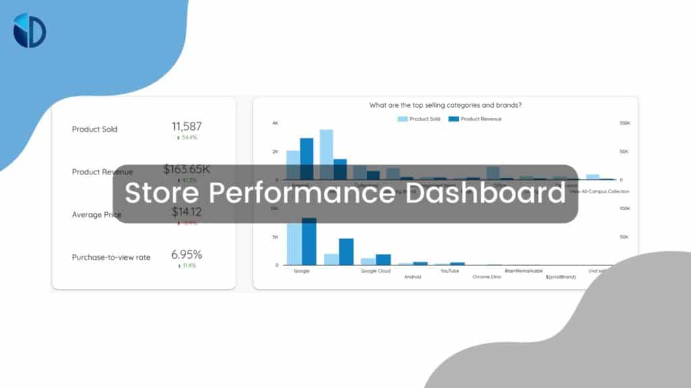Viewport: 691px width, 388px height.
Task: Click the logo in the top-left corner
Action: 29,30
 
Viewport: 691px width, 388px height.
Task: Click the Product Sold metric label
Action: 94,129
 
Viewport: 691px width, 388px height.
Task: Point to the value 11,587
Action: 186,126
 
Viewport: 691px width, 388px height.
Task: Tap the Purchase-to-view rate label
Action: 111,257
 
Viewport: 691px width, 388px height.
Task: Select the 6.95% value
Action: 186,255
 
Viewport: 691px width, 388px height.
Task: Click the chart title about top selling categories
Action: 445,105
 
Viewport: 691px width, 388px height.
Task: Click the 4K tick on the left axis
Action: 275,123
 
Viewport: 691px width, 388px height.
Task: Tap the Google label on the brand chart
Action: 301,271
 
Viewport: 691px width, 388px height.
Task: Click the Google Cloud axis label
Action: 375,271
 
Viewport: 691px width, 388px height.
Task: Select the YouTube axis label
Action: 449,271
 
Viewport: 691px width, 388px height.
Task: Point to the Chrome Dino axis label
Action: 487,277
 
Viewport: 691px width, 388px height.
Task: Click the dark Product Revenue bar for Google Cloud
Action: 383,259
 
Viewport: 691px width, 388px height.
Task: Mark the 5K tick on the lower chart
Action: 275,237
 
